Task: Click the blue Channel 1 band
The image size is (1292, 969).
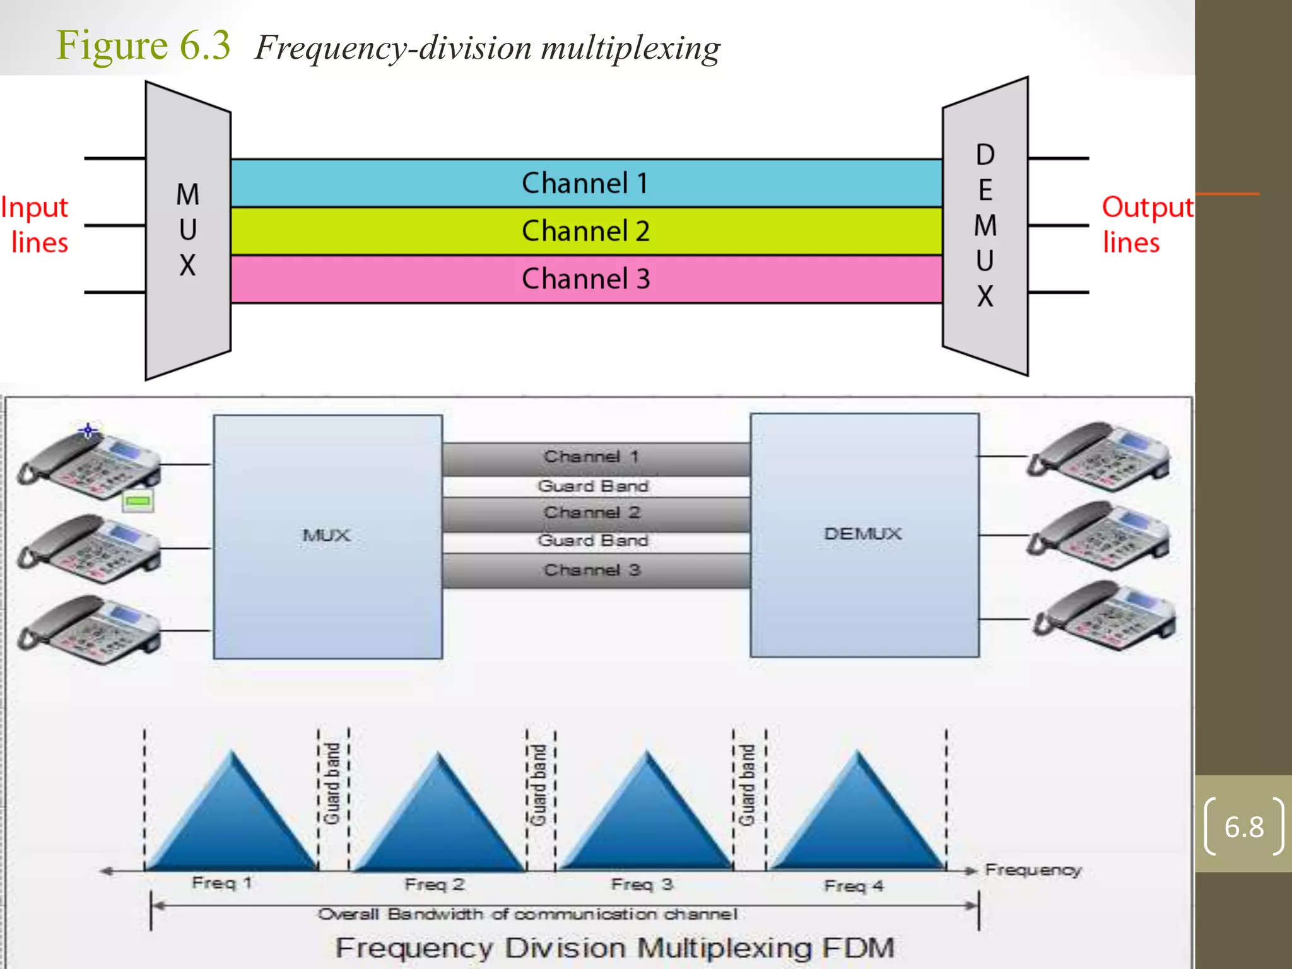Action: pyautogui.click(x=585, y=183)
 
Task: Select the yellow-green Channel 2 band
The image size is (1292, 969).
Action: pyautogui.click(x=585, y=231)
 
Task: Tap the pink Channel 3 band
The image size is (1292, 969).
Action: pyautogui.click(x=585, y=279)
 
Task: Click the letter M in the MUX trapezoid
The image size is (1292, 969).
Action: pyautogui.click(x=187, y=194)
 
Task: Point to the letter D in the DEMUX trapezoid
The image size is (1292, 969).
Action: pyautogui.click(x=985, y=155)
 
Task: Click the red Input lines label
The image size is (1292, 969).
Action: pyautogui.click(x=37, y=225)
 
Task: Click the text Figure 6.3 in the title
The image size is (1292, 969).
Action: pyautogui.click(x=144, y=45)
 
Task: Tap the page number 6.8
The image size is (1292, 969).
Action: pyautogui.click(x=1243, y=827)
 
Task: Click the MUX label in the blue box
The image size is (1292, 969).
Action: pyautogui.click(x=326, y=536)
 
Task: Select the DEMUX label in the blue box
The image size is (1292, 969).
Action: pyautogui.click(x=863, y=534)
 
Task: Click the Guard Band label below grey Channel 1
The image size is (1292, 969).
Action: pyautogui.click(x=593, y=486)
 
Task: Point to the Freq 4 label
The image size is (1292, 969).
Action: pyautogui.click(x=854, y=886)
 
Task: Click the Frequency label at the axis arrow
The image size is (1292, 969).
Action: pyautogui.click(x=1033, y=870)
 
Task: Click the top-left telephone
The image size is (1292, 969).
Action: pyautogui.click(x=88, y=464)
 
